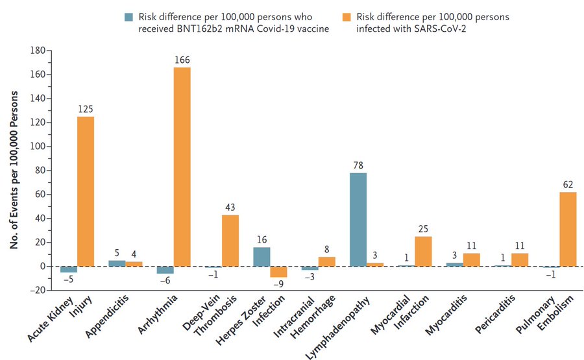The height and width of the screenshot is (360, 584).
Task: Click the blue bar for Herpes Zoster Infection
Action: (262, 256)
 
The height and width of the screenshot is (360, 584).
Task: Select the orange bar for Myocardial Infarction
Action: (424, 251)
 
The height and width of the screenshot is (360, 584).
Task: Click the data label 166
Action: (182, 60)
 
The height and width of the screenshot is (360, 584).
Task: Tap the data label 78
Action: (358, 166)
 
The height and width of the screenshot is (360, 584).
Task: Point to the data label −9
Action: (278, 285)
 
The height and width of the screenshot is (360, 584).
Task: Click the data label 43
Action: (230, 208)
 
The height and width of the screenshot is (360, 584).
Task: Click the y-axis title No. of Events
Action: (14, 171)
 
